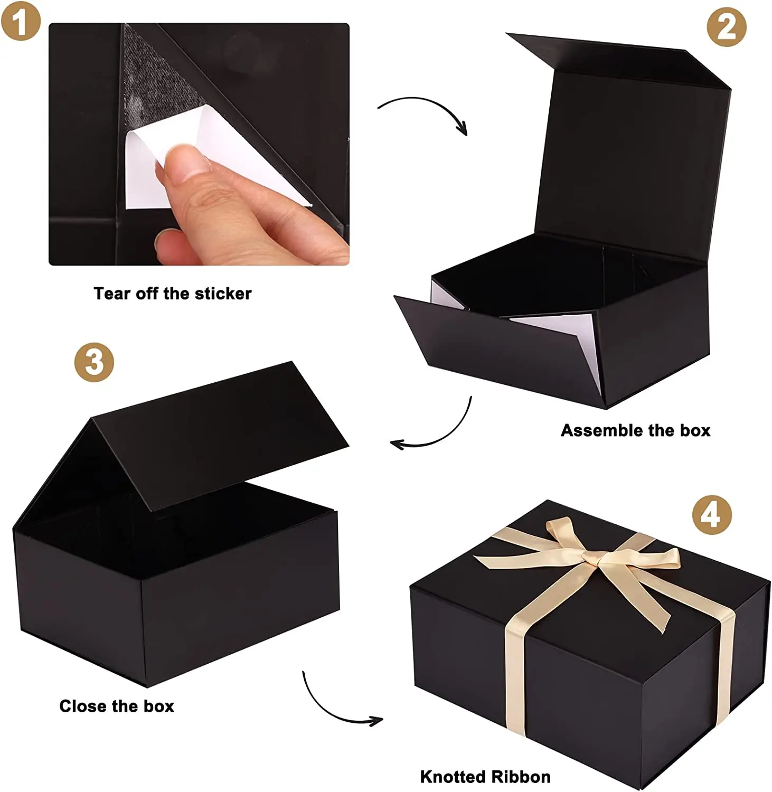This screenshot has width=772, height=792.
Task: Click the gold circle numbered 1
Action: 21,21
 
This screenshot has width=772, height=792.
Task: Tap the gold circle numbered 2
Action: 727,27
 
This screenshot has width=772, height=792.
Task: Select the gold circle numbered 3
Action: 94,362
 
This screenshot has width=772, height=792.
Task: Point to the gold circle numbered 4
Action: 712,515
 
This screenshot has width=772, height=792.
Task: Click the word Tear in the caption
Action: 112,294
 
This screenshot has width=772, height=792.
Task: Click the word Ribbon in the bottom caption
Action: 522,777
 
